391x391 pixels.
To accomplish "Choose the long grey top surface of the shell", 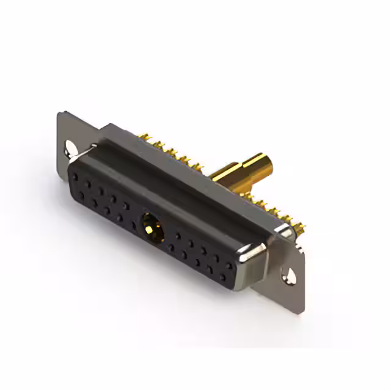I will pos(183,177).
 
